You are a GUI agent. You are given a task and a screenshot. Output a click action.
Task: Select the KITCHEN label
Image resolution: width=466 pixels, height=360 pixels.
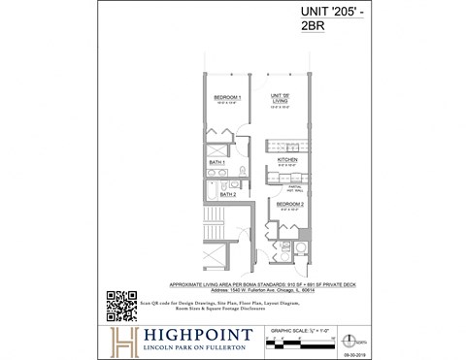[x=286, y=159]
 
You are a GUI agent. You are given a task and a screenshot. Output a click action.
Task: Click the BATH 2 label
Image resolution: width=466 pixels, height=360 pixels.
[x=228, y=194]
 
